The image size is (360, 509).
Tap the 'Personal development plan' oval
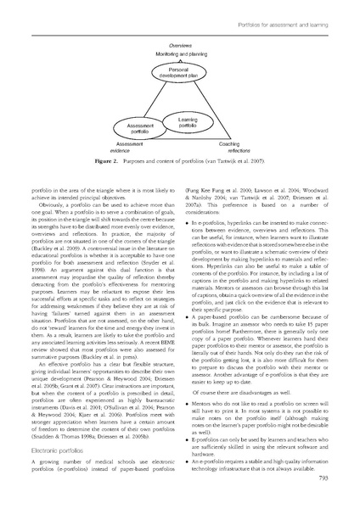178,70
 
